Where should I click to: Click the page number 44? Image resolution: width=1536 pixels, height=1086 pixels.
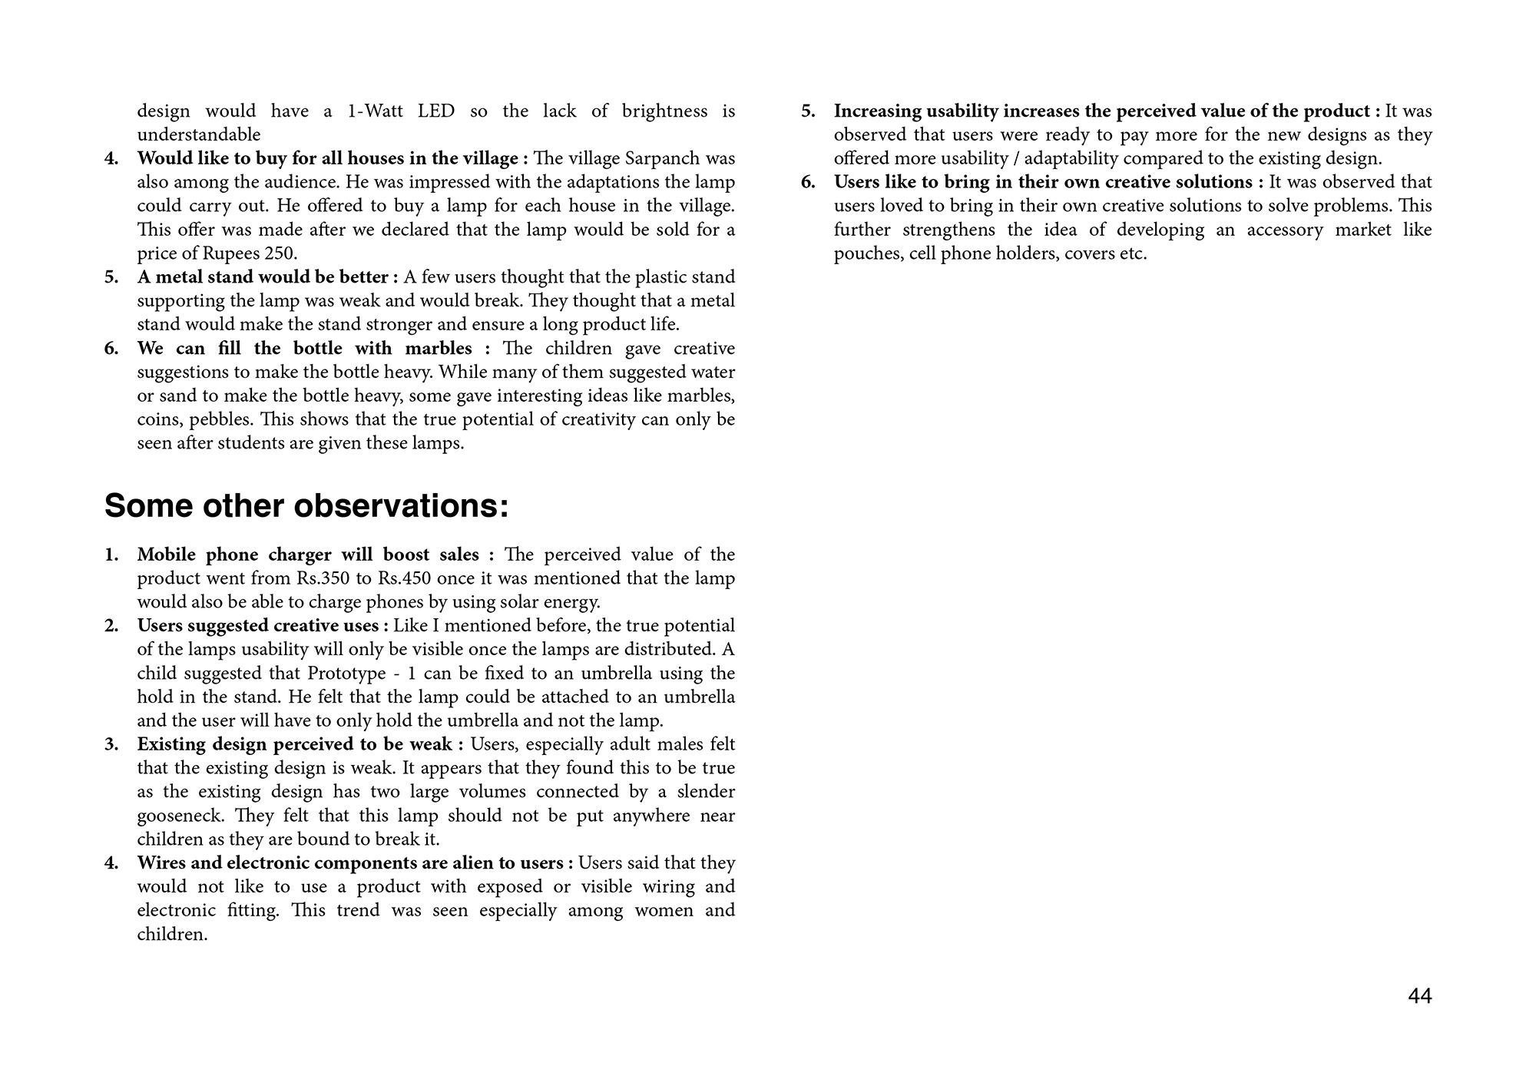click(x=1420, y=996)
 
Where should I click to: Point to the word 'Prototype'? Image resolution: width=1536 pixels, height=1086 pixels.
click(x=346, y=674)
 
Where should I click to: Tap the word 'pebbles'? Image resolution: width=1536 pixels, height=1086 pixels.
click(x=218, y=420)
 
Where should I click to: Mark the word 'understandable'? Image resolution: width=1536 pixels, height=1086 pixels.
click(x=199, y=135)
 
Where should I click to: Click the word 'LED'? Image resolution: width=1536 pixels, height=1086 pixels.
click(x=435, y=111)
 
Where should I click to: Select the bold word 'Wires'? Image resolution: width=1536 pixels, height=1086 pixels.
click(x=162, y=863)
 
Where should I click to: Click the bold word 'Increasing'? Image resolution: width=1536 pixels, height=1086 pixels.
click(x=878, y=111)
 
